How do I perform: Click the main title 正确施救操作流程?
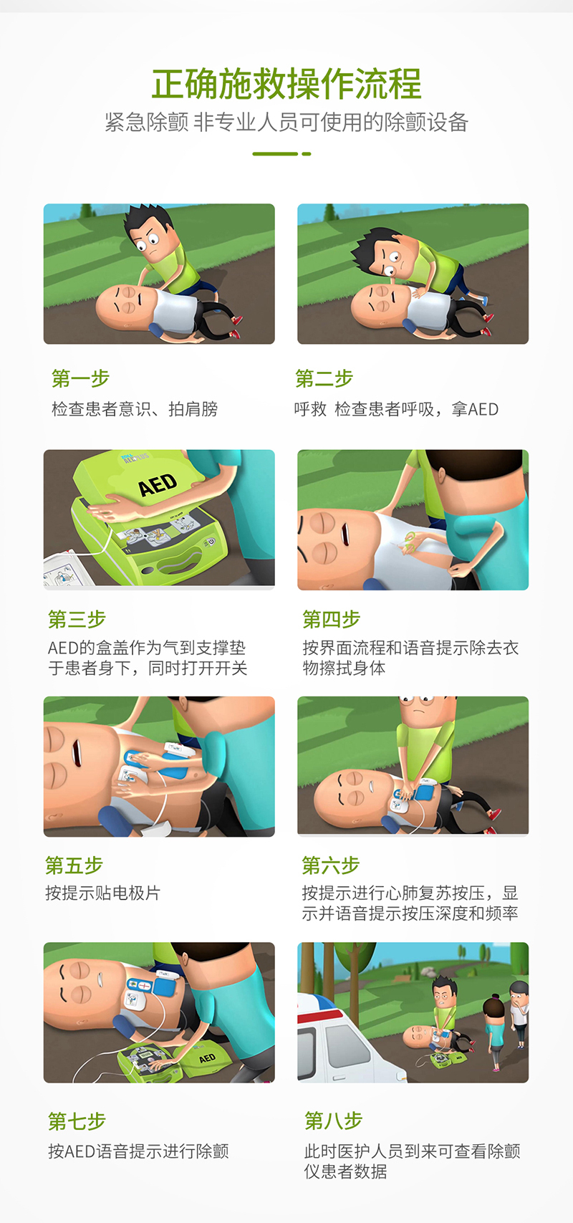(286, 84)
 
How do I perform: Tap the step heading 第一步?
(81, 378)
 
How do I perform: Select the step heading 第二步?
(324, 378)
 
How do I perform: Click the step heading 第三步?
(77, 619)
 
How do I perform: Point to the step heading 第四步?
(331, 619)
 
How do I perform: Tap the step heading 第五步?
(74, 865)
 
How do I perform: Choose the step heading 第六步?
(331, 865)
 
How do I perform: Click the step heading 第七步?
(77, 1121)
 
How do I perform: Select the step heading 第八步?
(334, 1121)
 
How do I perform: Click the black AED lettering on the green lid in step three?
(158, 485)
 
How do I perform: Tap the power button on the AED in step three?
(210, 542)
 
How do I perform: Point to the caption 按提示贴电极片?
(103, 893)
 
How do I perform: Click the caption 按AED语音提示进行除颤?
(139, 1151)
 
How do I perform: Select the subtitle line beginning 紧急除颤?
(286, 123)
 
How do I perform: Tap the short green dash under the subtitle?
(306, 154)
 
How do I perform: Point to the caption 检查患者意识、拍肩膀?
(135, 409)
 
